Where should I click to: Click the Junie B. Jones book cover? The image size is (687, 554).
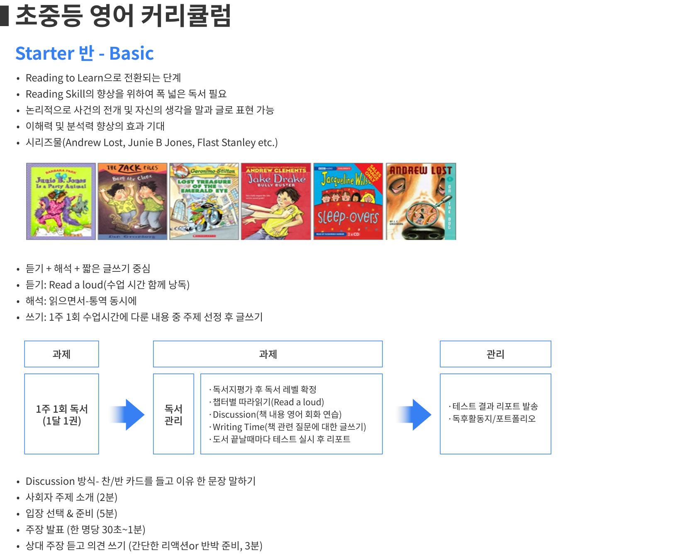tap(61, 201)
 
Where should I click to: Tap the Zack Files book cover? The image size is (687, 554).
tap(132, 201)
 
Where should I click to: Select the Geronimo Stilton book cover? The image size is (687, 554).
tap(204, 201)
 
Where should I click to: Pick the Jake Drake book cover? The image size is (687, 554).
tap(276, 201)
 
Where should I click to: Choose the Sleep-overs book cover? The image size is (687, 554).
tap(348, 201)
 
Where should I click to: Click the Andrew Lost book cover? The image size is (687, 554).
tap(421, 201)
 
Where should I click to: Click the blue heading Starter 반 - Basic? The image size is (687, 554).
tap(85, 53)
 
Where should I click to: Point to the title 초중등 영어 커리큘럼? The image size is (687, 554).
tap(123, 16)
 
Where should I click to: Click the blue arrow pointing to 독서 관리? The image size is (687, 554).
tap(126, 414)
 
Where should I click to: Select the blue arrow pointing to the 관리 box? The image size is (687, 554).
tap(413, 414)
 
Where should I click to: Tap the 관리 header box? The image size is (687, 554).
tap(495, 354)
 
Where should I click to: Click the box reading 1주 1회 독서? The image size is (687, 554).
tap(61, 414)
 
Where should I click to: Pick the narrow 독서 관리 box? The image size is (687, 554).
tap(173, 414)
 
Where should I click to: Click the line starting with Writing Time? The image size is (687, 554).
tap(289, 427)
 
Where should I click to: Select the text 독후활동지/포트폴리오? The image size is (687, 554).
tap(494, 419)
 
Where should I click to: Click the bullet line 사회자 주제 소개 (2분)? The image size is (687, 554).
tap(71, 497)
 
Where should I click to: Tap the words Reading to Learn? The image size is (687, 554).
tap(64, 78)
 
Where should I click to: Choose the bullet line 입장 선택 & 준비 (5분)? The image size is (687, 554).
tap(71, 513)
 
